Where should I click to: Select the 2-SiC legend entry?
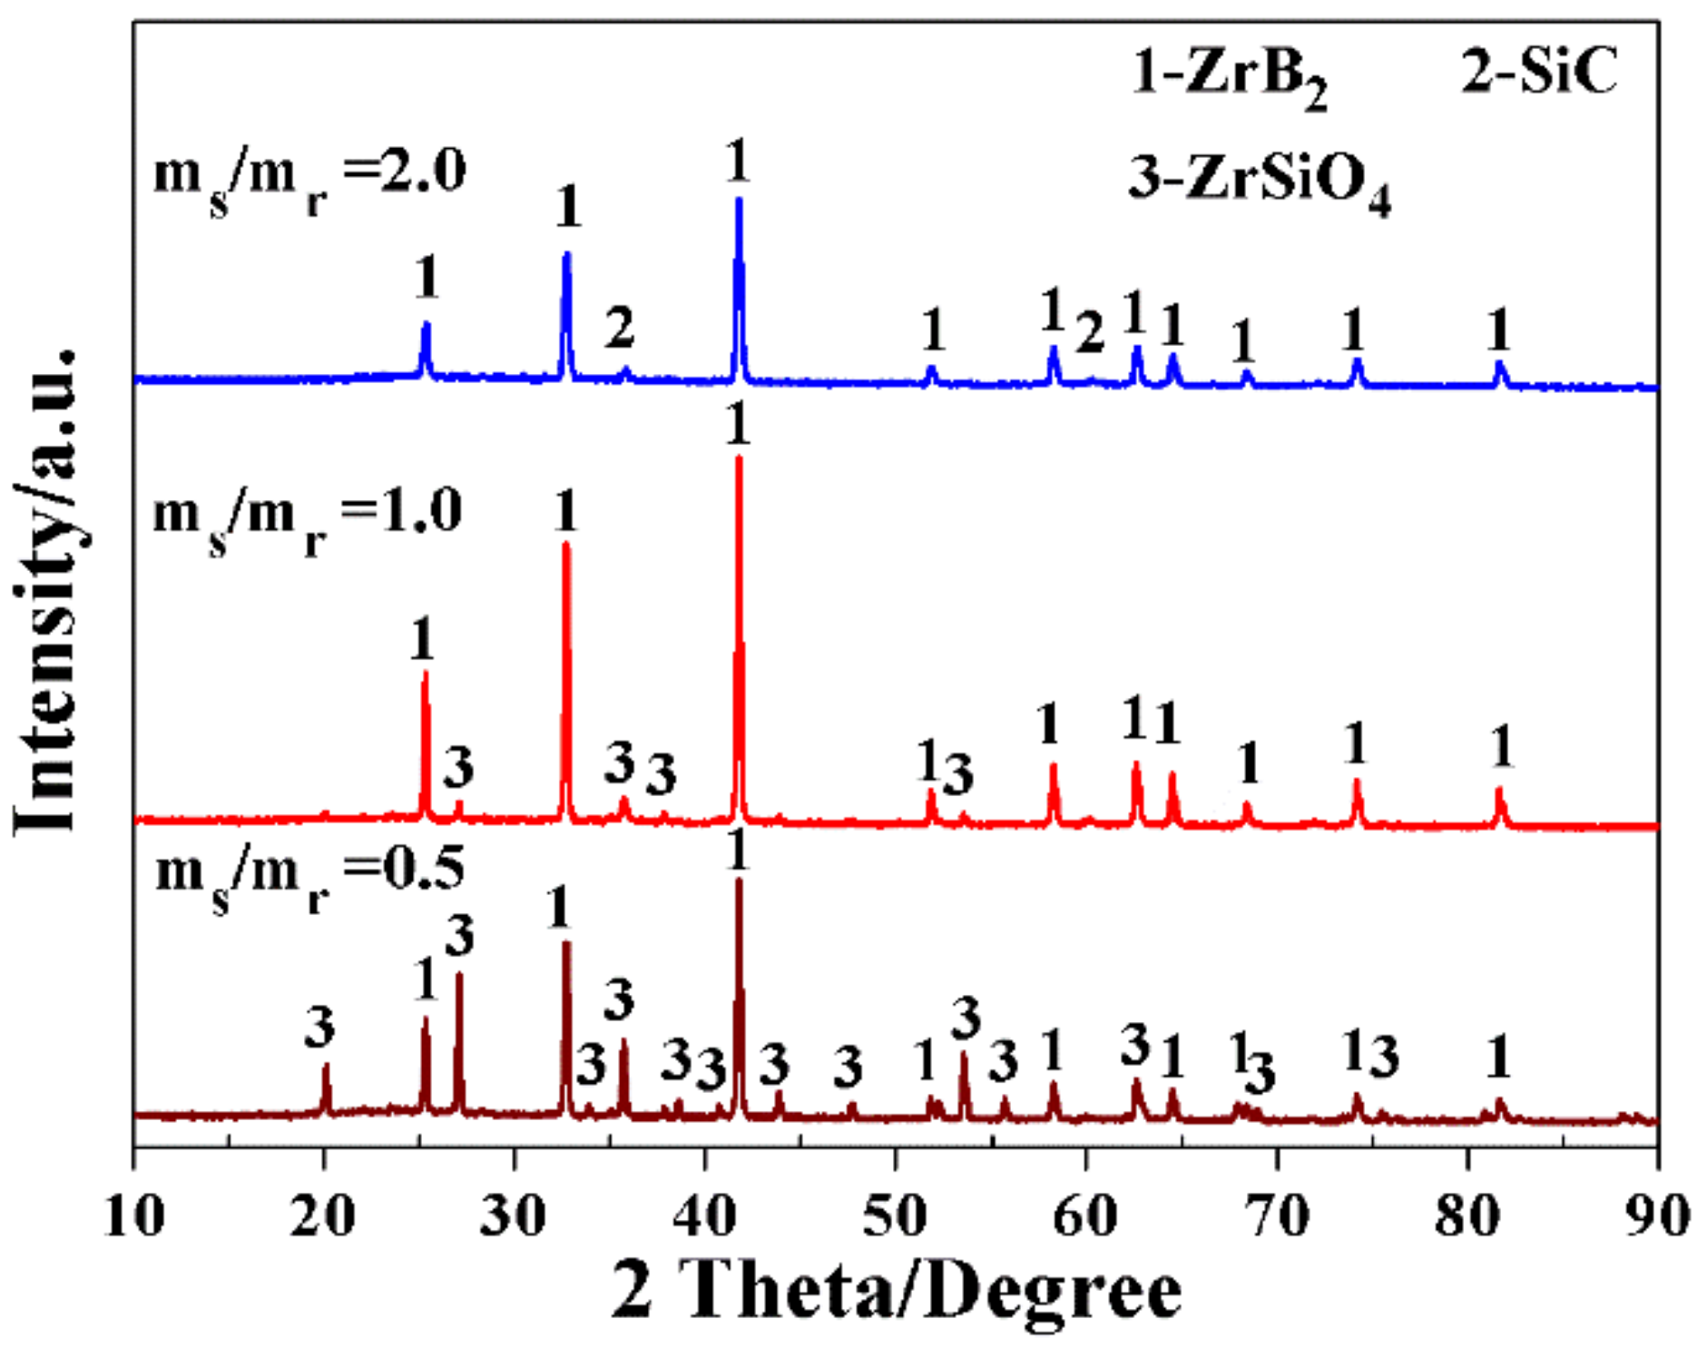pos(1539,71)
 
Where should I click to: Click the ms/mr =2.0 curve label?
pos(309,177)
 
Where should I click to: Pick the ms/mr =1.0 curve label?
pos(308,518)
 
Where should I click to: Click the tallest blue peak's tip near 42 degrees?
pos(739,199)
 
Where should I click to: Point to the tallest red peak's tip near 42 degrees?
pos(739,458)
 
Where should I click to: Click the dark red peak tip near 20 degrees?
pos(326,1065)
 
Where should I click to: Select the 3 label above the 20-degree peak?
pos(319,1028)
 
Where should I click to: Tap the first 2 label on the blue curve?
pos(620,328)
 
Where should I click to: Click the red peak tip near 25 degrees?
pos(425,674)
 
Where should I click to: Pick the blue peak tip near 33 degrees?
pos(567,253)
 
